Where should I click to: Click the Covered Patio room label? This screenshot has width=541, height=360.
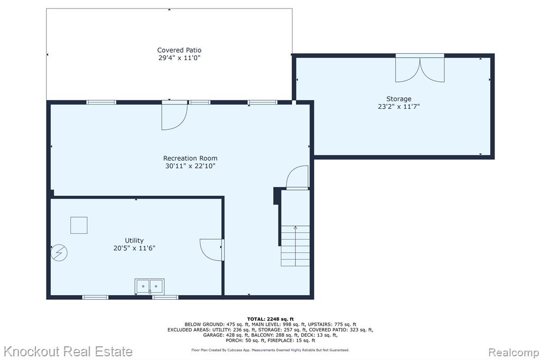tap(179, 50)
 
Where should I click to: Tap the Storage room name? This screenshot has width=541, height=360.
tap(398, 99)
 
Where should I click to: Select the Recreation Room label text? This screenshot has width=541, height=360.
tap(190, 158)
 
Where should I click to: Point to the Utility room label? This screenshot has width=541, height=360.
tap(134, 240)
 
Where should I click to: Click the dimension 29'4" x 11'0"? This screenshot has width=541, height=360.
tap(179, 58)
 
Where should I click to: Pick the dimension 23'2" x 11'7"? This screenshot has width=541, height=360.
tap(398, 107)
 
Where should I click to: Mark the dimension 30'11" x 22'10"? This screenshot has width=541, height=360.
tap(190, 166)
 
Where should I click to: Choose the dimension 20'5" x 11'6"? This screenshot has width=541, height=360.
tap(134, 248)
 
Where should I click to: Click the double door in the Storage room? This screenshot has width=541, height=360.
tap(420, 69)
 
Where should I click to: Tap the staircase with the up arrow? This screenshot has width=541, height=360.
tap(295, 245)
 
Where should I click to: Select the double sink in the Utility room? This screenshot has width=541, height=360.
tap(150, 286)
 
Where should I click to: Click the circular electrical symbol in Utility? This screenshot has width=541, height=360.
tap(59, 253)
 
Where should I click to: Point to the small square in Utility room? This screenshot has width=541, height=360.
tap(79, 225)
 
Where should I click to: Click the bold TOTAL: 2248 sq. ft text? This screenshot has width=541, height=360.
tap(270, 319)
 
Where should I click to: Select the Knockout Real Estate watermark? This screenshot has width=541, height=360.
tap(68, 352)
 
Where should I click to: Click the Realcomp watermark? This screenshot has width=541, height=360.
tap(514, 353)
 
